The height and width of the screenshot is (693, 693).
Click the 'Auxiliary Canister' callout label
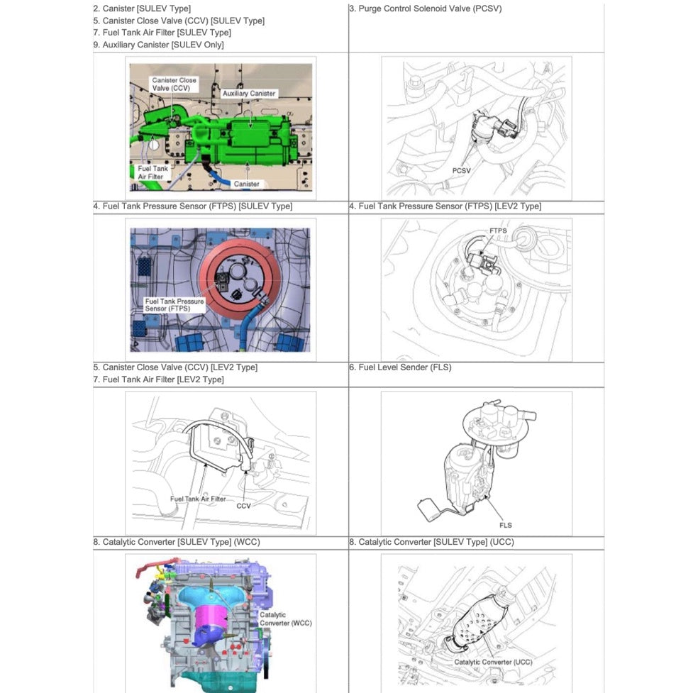click(249, 94)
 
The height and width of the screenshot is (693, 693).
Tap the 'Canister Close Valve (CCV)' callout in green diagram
click(174, 84)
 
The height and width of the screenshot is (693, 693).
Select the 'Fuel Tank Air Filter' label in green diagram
click(153, 172)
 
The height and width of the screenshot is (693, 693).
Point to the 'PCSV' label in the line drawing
click(462, 171)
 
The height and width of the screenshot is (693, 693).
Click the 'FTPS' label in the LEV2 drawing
click(498, 231)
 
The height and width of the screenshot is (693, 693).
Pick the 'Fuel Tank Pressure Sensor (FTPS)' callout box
click(174, 305)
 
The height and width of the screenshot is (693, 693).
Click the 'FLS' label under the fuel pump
click(505, 525)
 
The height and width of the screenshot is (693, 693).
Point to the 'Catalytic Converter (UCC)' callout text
click(493, 662)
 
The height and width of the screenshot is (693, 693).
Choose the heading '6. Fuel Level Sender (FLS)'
click(399, 367)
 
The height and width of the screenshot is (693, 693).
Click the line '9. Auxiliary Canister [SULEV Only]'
click(158, 45)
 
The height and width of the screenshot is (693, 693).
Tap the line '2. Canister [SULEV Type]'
click(142, 9)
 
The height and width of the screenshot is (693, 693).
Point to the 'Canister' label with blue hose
click(247, 184)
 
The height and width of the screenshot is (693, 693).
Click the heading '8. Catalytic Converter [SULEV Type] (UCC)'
click(431, 542)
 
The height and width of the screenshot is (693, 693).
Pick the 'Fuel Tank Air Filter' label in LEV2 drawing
click(198, 499)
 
